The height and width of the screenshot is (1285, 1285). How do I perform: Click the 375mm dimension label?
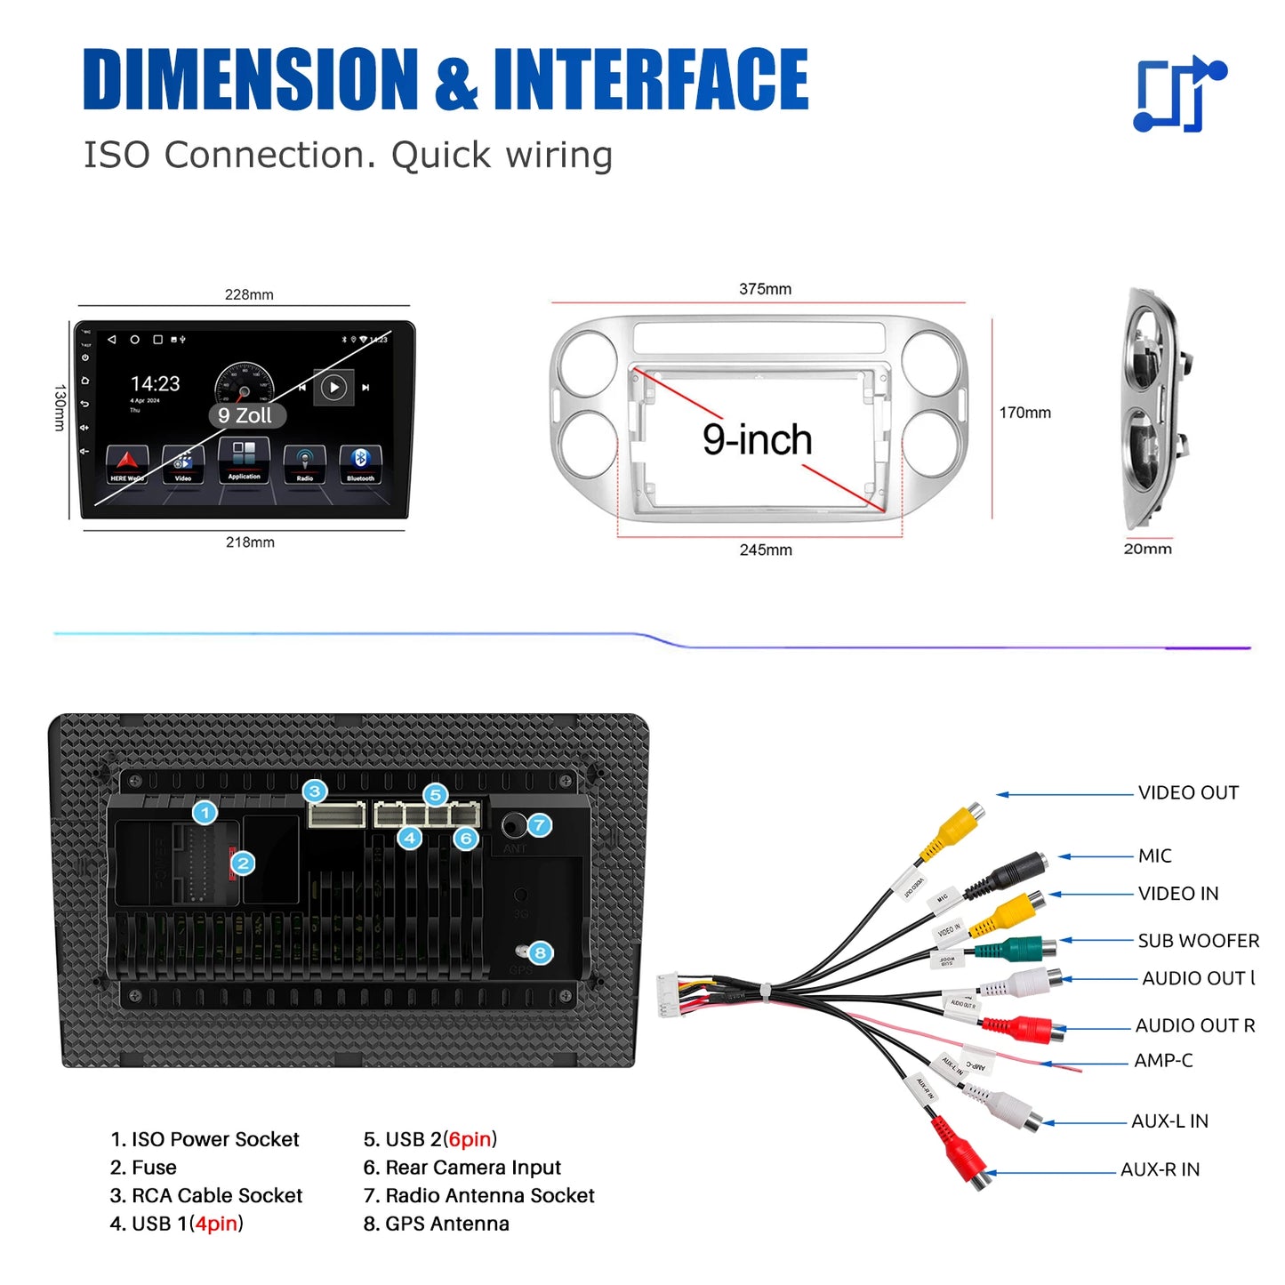[x=765, y=289]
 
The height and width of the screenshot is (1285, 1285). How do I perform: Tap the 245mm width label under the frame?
[x=766, y=550]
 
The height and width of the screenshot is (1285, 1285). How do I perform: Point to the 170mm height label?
[x=1024, y=413]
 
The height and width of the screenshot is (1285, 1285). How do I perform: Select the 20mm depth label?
[x=1147, y=549]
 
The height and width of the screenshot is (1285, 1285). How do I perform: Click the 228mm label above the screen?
[x=249, y=294]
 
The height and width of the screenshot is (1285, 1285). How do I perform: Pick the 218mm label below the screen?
[x=250, y=542]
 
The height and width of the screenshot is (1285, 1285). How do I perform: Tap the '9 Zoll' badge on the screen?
[x=245, y=415]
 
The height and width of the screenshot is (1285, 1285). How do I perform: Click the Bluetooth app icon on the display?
[x=360, y=463]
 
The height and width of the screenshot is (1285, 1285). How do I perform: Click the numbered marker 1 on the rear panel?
[x=205, y=812]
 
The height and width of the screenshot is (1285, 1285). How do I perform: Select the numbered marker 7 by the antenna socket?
[x=539, y=825]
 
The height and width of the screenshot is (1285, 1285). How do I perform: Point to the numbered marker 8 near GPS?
[x=540, y=953]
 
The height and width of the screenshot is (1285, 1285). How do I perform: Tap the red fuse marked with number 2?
[x=234, y=863]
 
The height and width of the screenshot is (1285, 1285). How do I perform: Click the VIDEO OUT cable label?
[x=1188, y=792]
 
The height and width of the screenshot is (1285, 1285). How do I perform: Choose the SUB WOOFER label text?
[x=1198, y=940]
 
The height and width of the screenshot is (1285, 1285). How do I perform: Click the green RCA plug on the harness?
[x=1014, y=949]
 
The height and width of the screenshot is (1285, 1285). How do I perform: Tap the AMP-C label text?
[x=1162, y=1060]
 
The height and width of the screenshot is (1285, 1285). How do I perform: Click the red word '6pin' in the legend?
[x=470, y=1139]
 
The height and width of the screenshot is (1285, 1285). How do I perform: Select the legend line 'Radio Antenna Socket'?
[x=479, y=1195]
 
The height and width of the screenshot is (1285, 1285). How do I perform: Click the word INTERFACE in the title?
[x=651, y=80]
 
